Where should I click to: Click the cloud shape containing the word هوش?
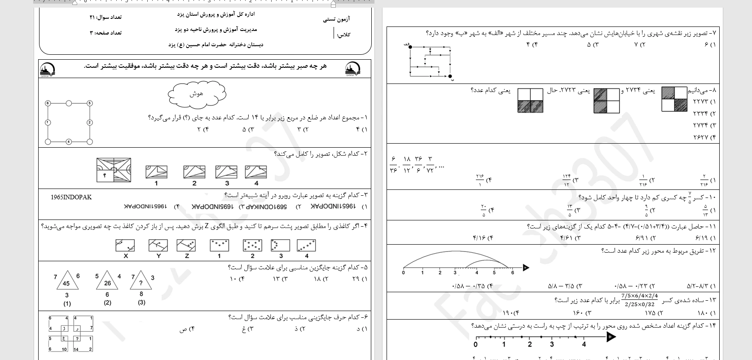(x=197, y=94)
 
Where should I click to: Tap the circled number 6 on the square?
(x=48, y=103)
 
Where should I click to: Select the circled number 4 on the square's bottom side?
(x=69, y=142)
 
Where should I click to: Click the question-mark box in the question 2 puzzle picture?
(x=105, y=175)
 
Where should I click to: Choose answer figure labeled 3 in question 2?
(x=226, y=172)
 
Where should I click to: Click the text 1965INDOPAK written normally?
(x=71, y=197)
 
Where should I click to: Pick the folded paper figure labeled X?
(x=125, y=246)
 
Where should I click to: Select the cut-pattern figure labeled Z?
(x=186, y=246)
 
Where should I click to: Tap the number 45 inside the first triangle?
(x=66, y=283)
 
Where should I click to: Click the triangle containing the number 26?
(x=107, y=281)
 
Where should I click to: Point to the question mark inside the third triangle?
(x=141, y=283)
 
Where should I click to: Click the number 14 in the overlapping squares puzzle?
(x=76, y=349)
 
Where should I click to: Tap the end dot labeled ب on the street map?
(x=450, y=76)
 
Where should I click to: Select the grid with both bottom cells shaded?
(x=530, y=101)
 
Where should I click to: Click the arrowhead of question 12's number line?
(x=526, y=268)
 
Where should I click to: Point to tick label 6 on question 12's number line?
(x=512, y=273)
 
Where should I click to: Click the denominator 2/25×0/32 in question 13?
(x=639, y=304)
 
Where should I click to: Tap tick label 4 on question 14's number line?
(x=584, y=345)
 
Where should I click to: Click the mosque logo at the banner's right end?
(x=352, y=69)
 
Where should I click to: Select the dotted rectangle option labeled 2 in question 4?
(x=252, y=245)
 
